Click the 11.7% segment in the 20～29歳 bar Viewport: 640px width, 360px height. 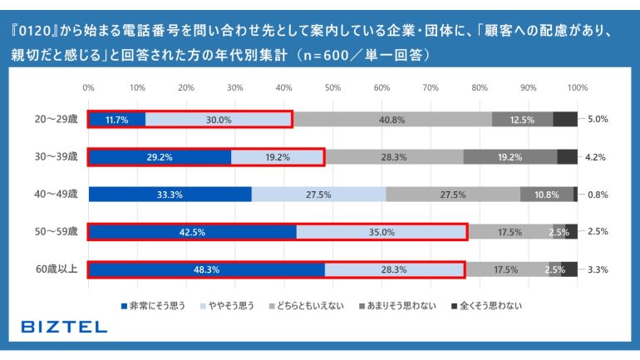(x=116, y=119)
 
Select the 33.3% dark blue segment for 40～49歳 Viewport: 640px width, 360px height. (x=170, y=195)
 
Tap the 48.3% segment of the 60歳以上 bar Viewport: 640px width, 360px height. (x=205, y=269)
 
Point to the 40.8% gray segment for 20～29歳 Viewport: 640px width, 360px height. (x=391, y=119)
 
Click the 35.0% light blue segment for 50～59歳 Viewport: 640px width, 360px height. (x=382, y=232)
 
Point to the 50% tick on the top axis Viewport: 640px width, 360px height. (x=332, y=87)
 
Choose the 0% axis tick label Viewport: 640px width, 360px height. (x=88, y=87)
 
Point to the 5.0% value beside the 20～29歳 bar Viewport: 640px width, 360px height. (x=598, y=119)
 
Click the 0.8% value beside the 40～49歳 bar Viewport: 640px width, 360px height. (x=598, y=195)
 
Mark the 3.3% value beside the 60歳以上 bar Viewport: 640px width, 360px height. (x=598, y=269)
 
